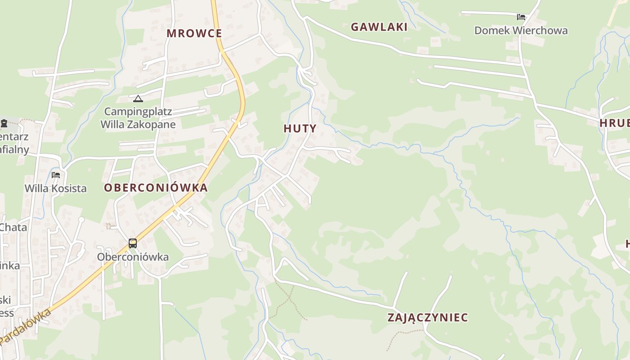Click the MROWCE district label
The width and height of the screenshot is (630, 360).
[x=194, y=33]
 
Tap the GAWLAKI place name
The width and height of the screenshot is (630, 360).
[x=379, y=27]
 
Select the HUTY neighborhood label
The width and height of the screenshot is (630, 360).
[x=300, y=128]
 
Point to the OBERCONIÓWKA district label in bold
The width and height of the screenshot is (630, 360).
[x=156, y=188]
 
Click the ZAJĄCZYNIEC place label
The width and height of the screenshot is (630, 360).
[x=427, y=317]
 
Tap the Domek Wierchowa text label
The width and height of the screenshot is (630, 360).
[x=521, y=31]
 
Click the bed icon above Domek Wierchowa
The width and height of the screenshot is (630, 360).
[x=521, y=17]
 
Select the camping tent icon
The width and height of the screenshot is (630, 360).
[x=138, y=99]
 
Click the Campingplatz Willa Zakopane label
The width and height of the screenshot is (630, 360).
[x=138, y=118]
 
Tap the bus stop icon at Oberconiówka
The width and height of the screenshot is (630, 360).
[x=133, y=243]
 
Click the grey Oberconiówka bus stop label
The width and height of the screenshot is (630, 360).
[x=133, y=257]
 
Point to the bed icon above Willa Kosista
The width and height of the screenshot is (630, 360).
[x=56, y=175]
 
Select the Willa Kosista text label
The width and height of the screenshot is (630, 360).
[x=55, y=188]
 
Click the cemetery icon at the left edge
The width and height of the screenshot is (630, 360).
[x=4, y=123]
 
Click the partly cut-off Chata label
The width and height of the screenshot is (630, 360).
[x=13, y=227]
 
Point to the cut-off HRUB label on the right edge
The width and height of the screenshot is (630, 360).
[x=615, y=123]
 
